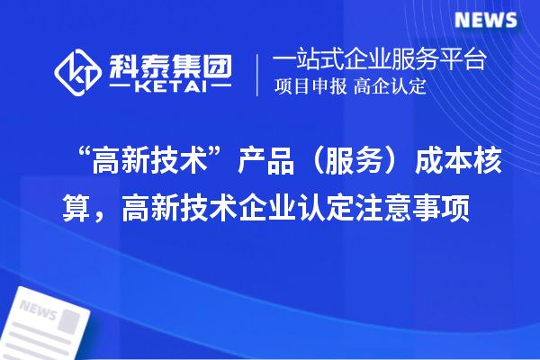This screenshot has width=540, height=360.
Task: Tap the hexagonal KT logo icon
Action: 77,72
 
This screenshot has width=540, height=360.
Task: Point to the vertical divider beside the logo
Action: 259,74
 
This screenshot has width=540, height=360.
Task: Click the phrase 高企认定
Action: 390,87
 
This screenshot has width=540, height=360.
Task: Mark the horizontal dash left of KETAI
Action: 121,89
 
